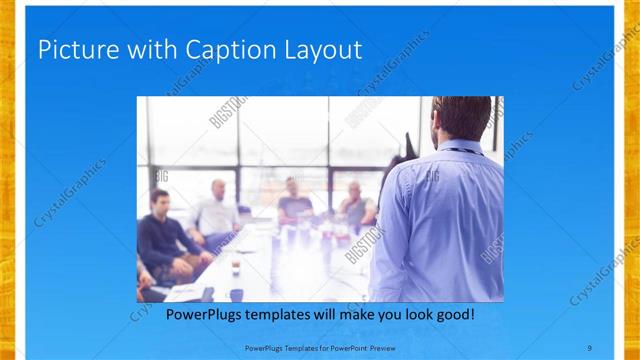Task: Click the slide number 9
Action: (x=589, y=346)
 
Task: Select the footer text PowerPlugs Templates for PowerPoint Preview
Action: (x=320, y=346)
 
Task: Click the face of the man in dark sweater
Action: (x=158, y=201)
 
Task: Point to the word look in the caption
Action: (x=415, y=315)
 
